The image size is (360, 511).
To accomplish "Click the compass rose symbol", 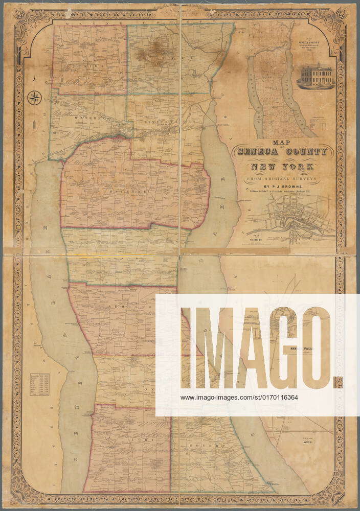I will (35, 97).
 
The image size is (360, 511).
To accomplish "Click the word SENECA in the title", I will (260, 152).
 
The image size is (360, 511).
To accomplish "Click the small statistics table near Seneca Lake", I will (39, 384).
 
